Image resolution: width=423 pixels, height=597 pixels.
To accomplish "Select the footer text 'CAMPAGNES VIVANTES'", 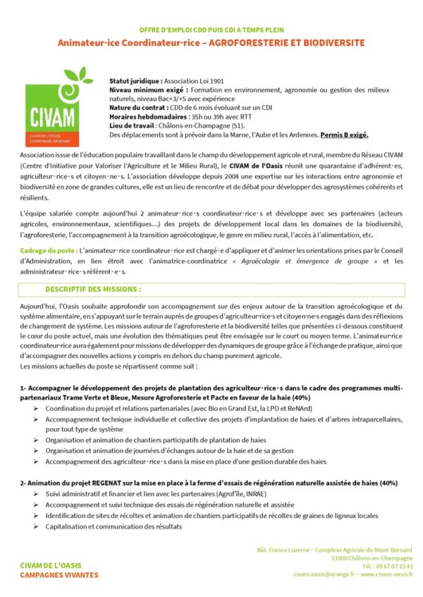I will (60, 574).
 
